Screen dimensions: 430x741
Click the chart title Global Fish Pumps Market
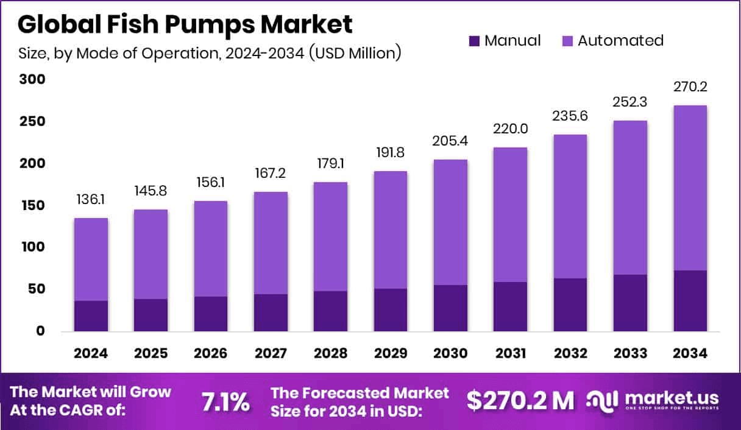pos(185,24)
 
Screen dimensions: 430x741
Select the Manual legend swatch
pos(475,41)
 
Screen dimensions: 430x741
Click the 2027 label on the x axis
pos(271,354)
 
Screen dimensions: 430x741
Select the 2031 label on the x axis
pos(510,354)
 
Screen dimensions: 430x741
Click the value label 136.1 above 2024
pos(91,200)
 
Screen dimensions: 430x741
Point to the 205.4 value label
pos(450,141)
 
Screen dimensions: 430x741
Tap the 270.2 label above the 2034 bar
pos(690,87)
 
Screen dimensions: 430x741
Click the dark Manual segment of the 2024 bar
pos(91,316)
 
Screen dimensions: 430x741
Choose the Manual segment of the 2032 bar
pos(570,305)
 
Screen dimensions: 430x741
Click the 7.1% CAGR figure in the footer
pos(225,401)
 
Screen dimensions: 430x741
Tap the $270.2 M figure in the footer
pos(520,400)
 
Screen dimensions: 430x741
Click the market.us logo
pos(652,400)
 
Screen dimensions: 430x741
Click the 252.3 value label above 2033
pos(630,103)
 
